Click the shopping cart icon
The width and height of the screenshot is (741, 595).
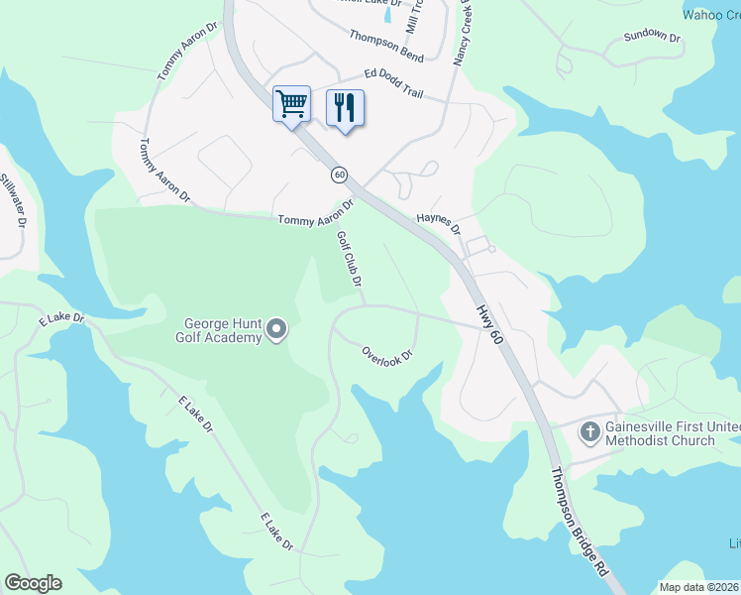[292, 103]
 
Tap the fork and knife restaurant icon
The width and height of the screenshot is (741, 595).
[345, 107]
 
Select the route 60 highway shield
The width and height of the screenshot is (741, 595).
[340, 175]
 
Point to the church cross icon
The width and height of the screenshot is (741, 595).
[589, 431]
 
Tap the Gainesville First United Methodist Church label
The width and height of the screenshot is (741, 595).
[661, 433]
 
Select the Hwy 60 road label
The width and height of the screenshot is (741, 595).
[488, 324]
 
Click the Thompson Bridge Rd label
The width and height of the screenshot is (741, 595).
[580, 524]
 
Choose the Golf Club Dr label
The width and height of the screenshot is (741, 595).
[349, 259]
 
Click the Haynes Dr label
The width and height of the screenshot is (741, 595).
[439, 221]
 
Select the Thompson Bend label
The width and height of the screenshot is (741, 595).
[386, 42]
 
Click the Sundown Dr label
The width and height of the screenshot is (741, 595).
[652, 38]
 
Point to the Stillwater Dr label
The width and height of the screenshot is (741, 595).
[12, 201]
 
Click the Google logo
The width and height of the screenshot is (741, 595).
[34, 583]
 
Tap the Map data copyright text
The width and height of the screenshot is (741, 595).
[699, 587]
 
